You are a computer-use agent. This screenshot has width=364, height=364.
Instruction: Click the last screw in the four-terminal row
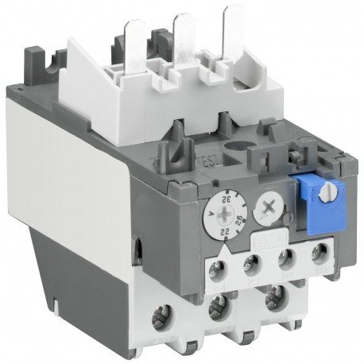[x=319, y=254]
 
